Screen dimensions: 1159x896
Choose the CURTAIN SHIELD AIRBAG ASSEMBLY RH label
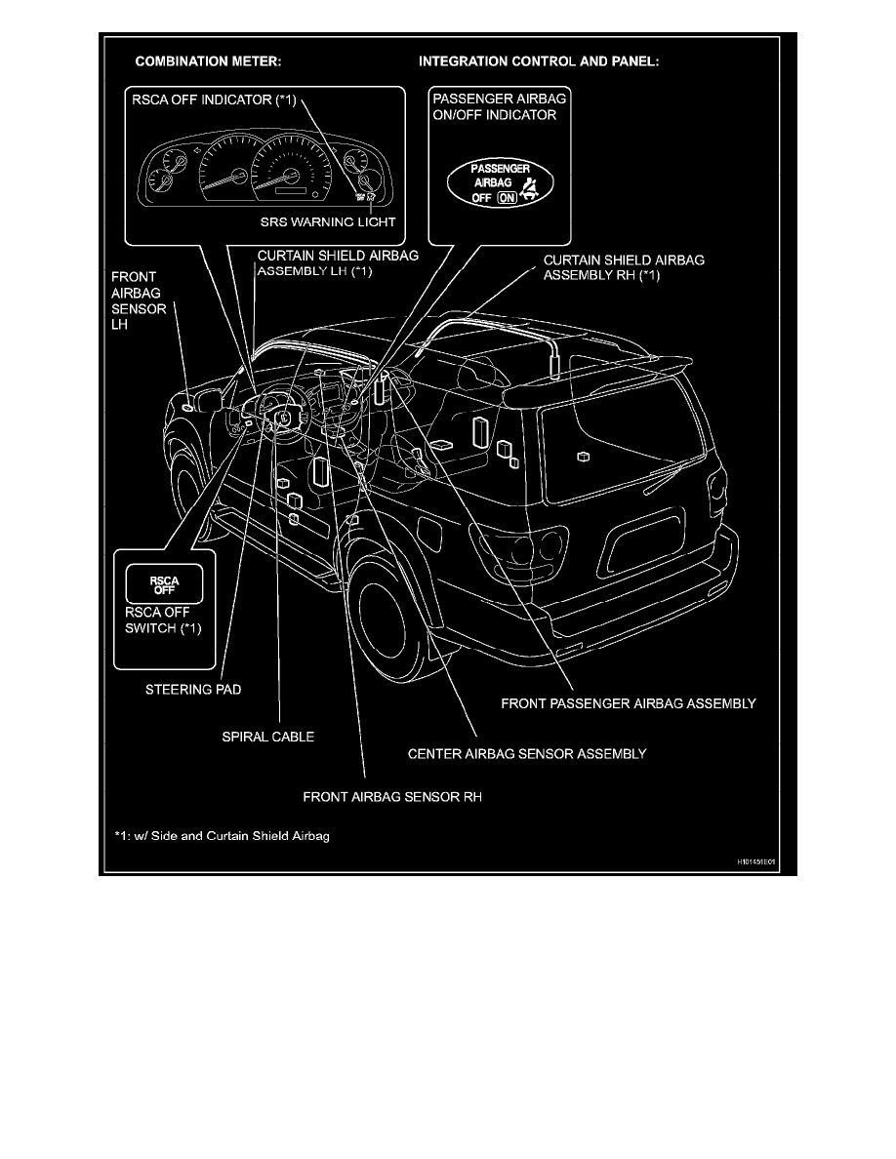623,267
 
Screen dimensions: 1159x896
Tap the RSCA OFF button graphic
159,586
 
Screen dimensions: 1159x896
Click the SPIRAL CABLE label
267,737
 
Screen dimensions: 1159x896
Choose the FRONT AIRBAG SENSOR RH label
393,796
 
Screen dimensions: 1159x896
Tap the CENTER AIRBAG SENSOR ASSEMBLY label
525,753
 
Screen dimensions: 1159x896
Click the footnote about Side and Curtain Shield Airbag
223,836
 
